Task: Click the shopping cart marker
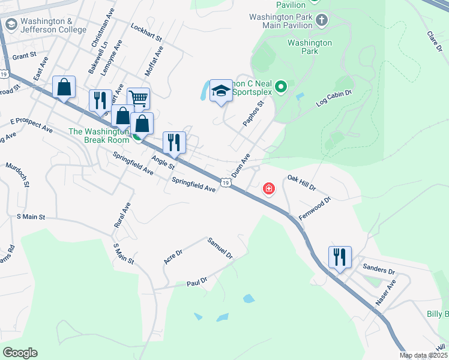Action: click(x=138, y=98)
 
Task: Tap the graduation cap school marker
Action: click(x=221, y=91)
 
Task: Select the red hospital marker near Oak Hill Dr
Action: click(x=268, y=190)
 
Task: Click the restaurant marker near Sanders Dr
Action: click(x=340, y=257)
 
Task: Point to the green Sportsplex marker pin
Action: click(x=280, y=89)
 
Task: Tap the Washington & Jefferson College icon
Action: click(x=10, y=25)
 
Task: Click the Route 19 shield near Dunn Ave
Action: click(x=225, y=182)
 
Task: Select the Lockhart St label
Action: click(x=146, y=33)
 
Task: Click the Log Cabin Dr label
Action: click(x=333, y=100)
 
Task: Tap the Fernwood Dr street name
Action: click(x=315, y=208)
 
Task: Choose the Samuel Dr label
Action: click(x=220, y=248)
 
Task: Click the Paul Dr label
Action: click(x=196, y=281)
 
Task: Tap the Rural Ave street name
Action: click(x=122, y=214)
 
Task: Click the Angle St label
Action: click(x=163, y=161)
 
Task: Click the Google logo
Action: click(x=20, y=353)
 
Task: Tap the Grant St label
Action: click(x=24, y=56)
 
